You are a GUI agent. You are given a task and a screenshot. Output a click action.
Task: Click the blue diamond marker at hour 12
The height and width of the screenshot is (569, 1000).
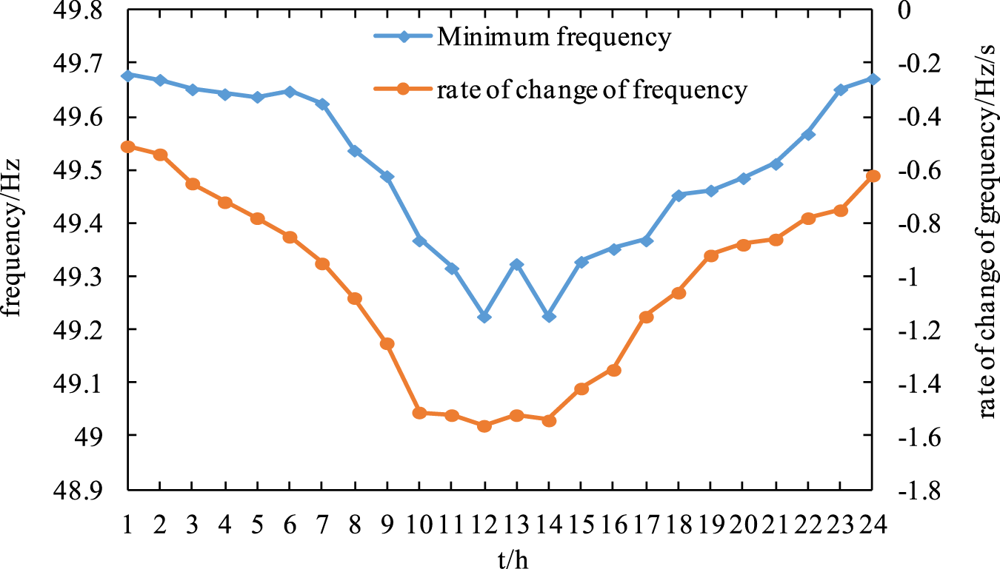click(484, 317)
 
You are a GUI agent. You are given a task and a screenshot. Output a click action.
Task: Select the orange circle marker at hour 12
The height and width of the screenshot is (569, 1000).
click(484, 426)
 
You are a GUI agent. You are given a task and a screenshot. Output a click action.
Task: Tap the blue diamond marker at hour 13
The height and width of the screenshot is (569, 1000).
click(517, 265)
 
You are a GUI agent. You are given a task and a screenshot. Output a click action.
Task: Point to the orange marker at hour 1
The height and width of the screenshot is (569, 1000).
click(127, 147)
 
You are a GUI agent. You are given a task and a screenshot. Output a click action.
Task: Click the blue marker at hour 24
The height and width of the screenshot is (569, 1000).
click(873, 78)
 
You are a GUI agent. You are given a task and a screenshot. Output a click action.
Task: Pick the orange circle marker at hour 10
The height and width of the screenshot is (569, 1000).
click(419, 413)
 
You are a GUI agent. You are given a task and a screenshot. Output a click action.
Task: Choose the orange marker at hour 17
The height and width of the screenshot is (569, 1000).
click(646, 317)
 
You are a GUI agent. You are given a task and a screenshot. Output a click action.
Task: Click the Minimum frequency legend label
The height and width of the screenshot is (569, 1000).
click(554, 37)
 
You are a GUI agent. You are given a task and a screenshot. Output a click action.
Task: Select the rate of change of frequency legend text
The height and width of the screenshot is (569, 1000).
click(592, 90)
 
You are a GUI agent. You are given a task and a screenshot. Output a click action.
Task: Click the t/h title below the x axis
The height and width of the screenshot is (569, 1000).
click(501, 556)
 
